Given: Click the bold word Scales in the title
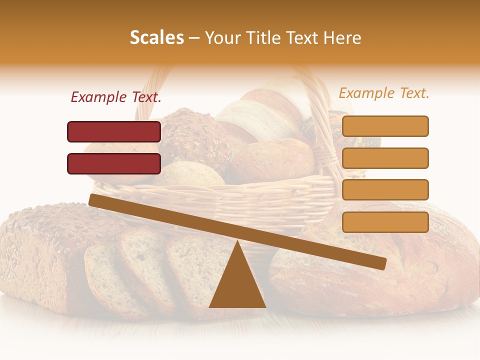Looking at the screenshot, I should click(x=156, y=38).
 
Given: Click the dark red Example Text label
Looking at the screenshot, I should click(x=116, y=97).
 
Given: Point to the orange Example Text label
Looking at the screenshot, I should click(x=384, y=93).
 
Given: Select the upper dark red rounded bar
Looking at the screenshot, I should click(x=114, y=131).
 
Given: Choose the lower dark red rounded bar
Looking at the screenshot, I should click(x=114, y=163).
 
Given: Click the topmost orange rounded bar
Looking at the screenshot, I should click(x=385, y=126).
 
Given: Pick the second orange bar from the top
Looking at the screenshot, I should click(x=385, y=158).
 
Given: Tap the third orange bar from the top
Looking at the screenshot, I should click(x=385, y=190).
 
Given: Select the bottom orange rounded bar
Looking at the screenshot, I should click(x=385, y=222).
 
